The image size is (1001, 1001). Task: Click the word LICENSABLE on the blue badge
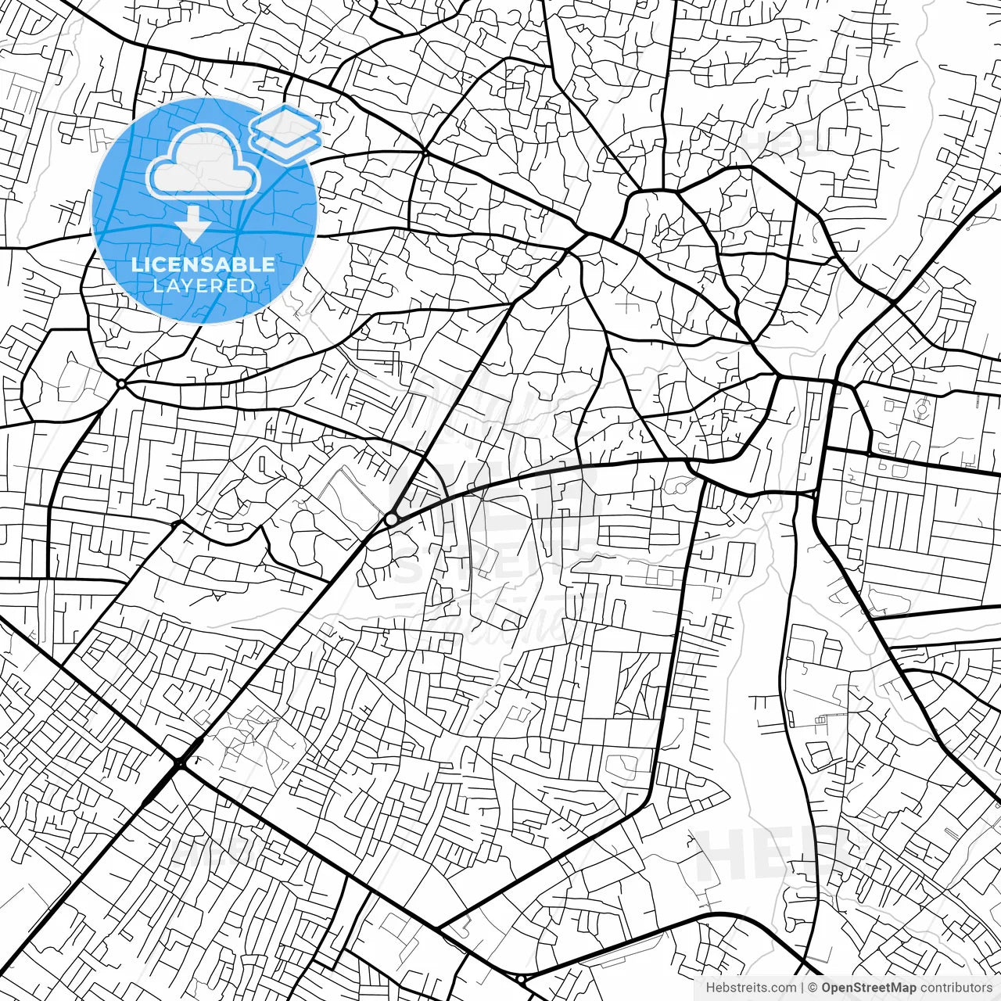pos(203,264)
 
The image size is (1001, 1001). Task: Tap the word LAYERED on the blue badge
pos(203,285)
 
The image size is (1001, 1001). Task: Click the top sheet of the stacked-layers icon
pos(286,123)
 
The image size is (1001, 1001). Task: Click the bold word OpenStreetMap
pos(868,988)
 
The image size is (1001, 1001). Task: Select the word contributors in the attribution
pos(955,988)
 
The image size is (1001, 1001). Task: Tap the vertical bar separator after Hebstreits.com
pos(803,988)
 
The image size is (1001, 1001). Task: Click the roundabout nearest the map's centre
pos(390,519)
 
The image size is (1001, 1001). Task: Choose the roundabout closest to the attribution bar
pos(521,978)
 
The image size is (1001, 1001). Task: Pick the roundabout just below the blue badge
pos(121,384)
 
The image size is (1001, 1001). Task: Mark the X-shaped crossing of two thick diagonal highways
pos(180,762)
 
